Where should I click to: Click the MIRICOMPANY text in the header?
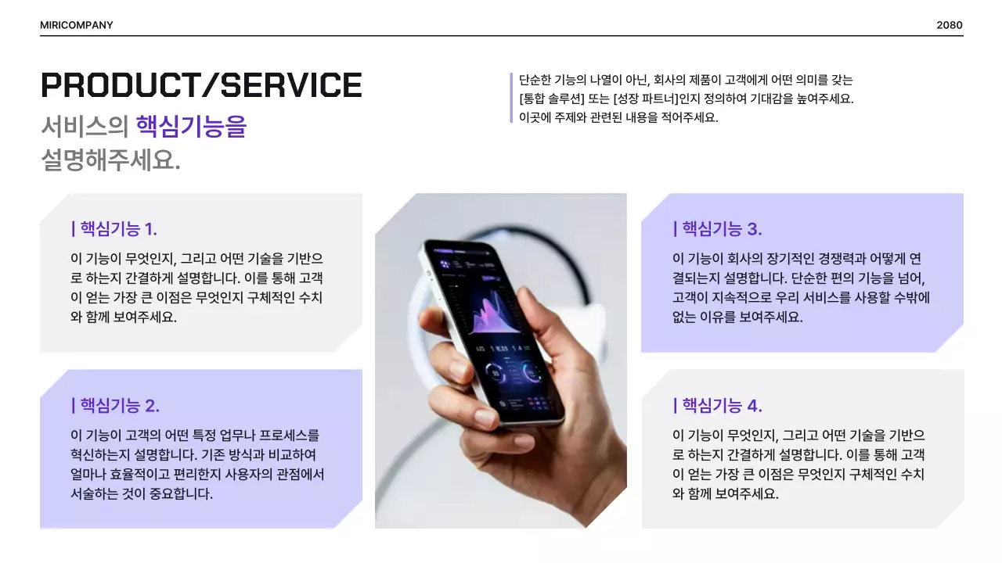pos(76,25)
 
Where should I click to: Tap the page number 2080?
pos(949,25)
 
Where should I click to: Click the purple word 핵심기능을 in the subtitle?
pos(190,126)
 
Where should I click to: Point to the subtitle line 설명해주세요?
pos(110,160)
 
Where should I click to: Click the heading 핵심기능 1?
pos(114,229)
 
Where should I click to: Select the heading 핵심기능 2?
pos(115,406)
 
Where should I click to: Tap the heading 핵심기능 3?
pos(717,229)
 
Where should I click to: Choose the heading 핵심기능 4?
pos(717,406)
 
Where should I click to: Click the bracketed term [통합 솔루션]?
pos(557,99)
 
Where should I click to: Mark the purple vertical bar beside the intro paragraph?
pos(511,98)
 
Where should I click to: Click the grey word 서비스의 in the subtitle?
pos(85,126)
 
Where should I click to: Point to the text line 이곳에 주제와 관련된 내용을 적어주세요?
pos(618,118)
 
